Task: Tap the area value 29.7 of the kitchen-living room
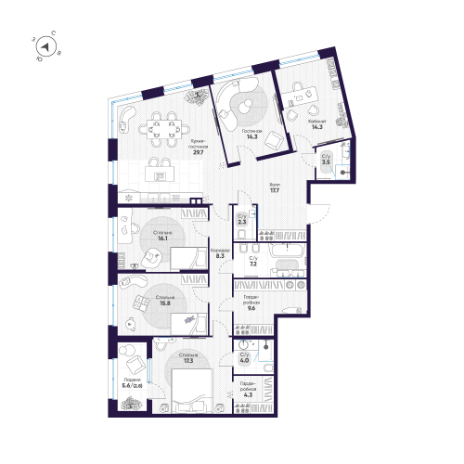coord(198,152)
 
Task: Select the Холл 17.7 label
coord(273,190)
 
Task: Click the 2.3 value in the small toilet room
coord(242,221)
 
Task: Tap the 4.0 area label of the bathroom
coord(245,360)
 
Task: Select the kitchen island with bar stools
coord(160,173)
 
